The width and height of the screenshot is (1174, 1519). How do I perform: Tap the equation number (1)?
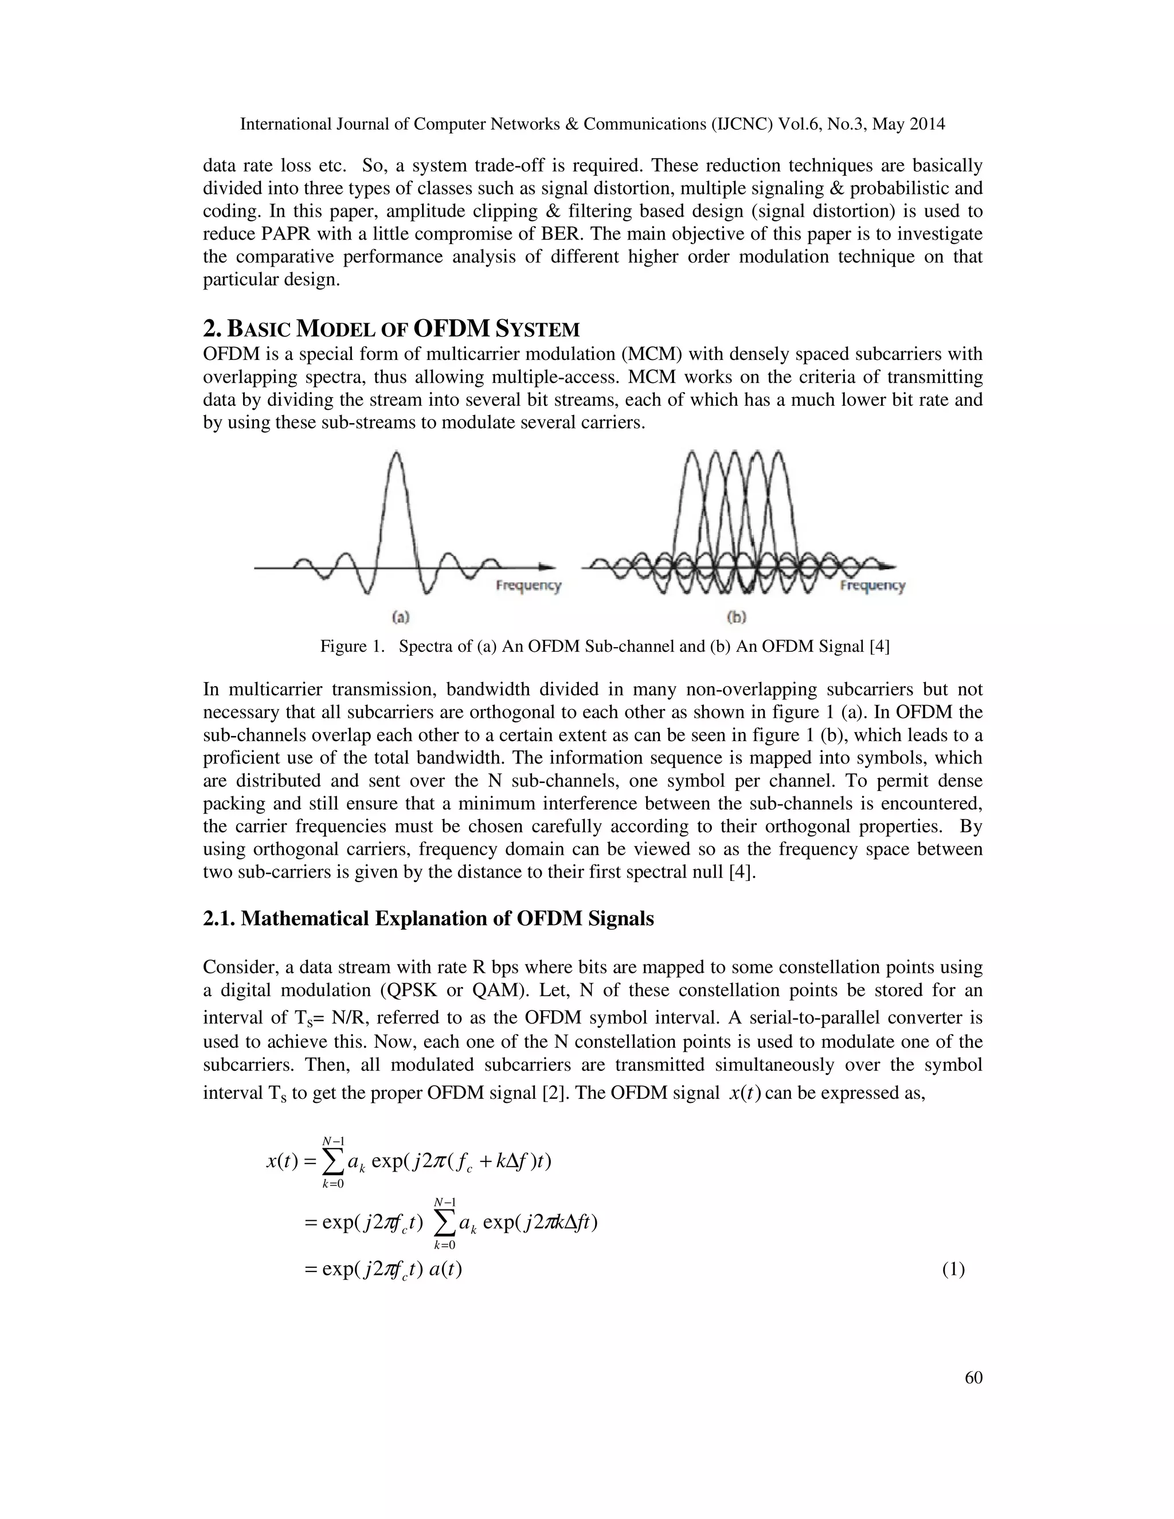click(953, 1269)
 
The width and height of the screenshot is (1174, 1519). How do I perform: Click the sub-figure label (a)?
click(401, 616)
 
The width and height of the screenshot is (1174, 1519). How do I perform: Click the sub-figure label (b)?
click(737, 616)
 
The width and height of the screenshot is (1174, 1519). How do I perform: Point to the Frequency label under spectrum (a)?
click(528, 586)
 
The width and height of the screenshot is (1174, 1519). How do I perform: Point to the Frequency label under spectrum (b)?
click(872, 586)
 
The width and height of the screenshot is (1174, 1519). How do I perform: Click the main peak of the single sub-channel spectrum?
click(397, 456)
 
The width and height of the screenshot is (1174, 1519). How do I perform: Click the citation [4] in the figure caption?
click(880, 646)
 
